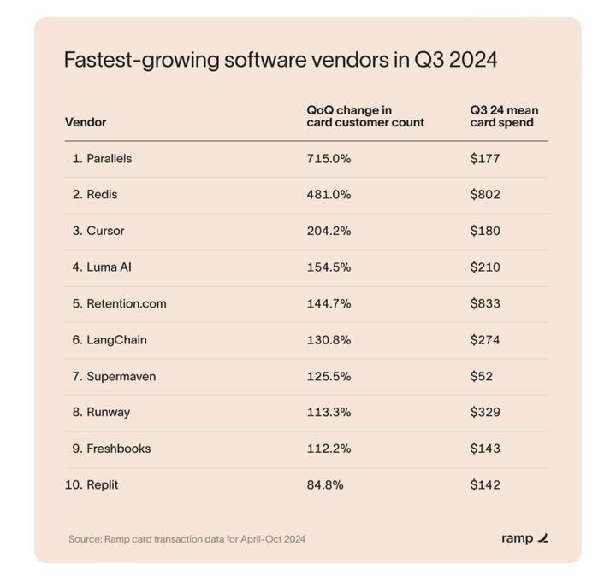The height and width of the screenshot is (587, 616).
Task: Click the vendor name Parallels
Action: coord(109,158)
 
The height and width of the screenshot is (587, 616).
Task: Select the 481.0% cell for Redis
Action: coord(329,194)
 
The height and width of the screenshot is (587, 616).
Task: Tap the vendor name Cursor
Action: coord(105,231)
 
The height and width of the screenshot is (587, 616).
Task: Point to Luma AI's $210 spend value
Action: coord(485,267)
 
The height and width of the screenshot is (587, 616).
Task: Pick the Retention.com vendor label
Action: coord(126,303)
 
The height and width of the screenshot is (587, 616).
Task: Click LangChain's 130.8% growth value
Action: coord(329,339)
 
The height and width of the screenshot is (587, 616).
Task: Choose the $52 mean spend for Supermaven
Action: coord(482,376)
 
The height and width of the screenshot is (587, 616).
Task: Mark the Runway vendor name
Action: coord(108,412)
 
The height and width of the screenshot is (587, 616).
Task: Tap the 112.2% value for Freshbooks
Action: coord(329,449)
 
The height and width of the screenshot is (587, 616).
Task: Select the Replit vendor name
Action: coord(102,484)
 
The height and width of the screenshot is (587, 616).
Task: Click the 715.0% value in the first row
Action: coord(329,158)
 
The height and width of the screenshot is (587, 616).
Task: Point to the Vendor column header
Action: coord(86,122)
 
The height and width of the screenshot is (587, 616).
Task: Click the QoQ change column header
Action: coord(365,116)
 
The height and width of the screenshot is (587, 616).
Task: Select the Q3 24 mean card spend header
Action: coord(504,116)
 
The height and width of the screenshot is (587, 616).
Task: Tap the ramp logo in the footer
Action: coord(524,538)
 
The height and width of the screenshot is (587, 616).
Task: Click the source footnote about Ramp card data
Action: coord(187,539)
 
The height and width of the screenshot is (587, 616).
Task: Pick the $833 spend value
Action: coord(485,303)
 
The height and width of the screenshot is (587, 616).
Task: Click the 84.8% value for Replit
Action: coord(325,484)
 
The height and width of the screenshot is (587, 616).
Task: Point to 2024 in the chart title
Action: coord(469,61)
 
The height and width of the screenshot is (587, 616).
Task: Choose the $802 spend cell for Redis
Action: coord(485,194)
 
